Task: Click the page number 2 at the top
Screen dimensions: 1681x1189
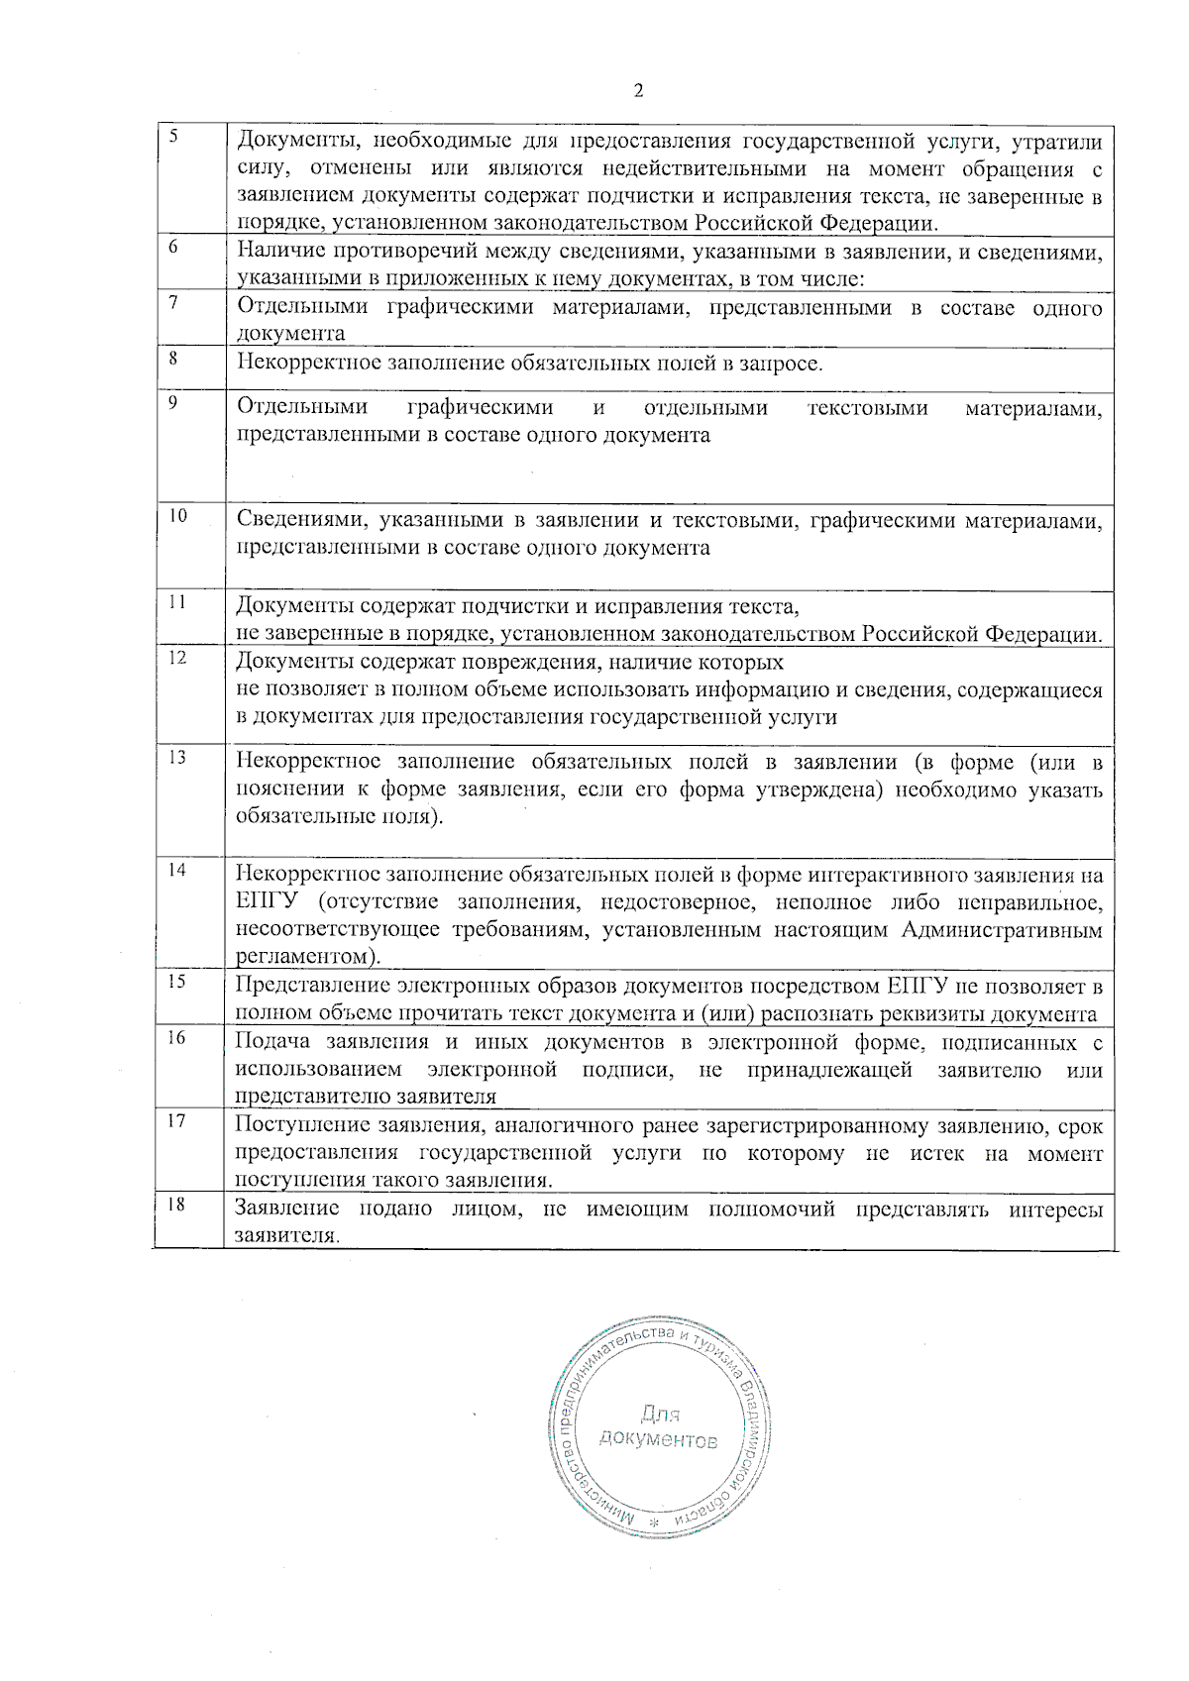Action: click(x=638, y=91)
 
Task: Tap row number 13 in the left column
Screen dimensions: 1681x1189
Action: click(x=176, y=758)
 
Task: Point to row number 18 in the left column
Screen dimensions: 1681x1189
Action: click(x=176, y=1205)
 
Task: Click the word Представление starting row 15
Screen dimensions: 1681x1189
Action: click(x=310, y=986)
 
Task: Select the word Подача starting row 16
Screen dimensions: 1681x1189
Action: click(x=271, y=1042)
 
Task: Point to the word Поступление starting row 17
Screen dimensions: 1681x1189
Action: click(x=301, y=1126)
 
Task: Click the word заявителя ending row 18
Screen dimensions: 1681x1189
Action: click(x=285, y=1236)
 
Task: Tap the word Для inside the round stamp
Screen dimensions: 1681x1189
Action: click(x=660, y=1414)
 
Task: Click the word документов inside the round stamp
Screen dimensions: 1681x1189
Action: click(x=658, y=1439)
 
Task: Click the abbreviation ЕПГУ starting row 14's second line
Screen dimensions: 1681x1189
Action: click(x=261, y=902)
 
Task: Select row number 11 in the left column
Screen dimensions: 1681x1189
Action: click(x=176, y=602)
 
